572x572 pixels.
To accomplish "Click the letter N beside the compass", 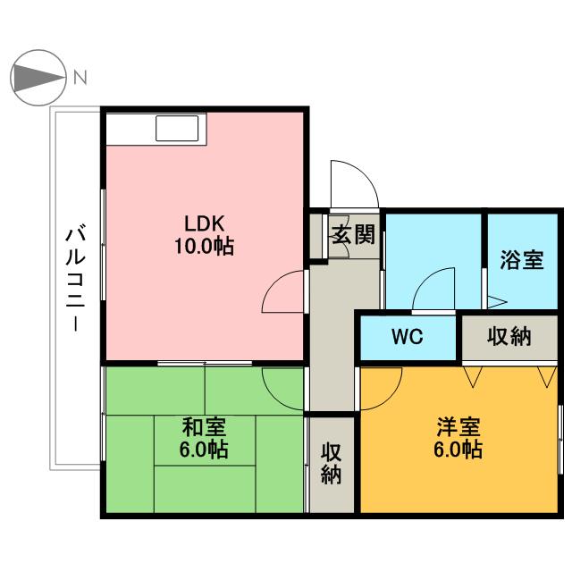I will (x=80, y=77).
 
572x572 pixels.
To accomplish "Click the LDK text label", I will (x=204, y=223).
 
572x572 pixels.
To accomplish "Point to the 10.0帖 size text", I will (x=204, y=246).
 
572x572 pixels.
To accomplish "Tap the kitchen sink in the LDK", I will (x=181, y=129).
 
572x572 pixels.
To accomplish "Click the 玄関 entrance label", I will (x=353, y=237).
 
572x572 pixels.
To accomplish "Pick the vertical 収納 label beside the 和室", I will (x=332, y=463).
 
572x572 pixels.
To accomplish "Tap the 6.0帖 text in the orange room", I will (x=458, y=449).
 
